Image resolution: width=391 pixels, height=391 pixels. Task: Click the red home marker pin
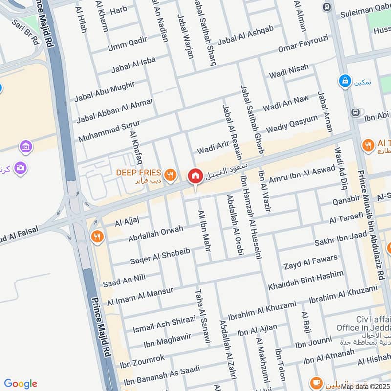[195, 176]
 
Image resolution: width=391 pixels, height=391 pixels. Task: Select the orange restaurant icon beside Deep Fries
[170, 174]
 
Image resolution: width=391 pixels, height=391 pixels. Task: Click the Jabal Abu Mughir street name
[105, 91]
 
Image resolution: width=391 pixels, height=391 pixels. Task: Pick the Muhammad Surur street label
[109, 130]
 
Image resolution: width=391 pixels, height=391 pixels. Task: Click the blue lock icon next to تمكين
[346, 81]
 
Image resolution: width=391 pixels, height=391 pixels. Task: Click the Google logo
[21, 384]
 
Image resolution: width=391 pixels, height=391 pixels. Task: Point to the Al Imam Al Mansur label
[140, 295]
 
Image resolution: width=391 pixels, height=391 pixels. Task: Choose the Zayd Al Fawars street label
[310, 262]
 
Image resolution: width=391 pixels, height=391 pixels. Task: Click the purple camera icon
[20, 168]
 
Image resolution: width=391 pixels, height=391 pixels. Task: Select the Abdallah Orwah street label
[156, 233]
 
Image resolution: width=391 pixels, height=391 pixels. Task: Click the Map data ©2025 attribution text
[365, 386]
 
